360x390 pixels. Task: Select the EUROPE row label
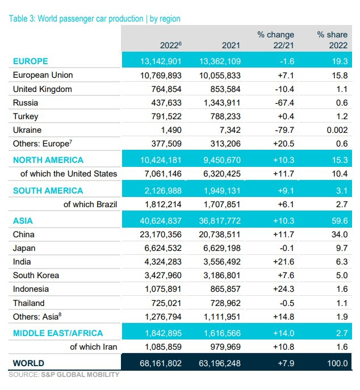[x=31, y=61]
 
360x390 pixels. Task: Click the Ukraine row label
[x=27, y=130]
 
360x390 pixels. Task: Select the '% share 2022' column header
[x=332, y=40]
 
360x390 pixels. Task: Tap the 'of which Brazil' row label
[x=90, y=204]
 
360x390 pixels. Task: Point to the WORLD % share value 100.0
[x=334, y=363]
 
